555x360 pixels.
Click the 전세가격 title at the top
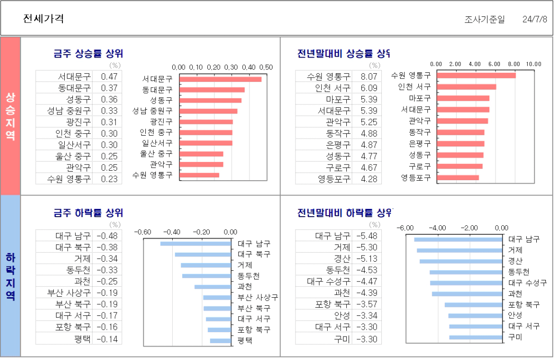44,19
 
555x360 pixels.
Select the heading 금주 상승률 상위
88,53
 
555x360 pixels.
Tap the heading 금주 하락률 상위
88,212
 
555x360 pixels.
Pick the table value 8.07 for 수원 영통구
369,76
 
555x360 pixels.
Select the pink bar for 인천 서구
466,87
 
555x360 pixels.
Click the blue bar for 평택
221,341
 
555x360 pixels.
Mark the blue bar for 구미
475,337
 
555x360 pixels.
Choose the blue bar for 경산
461,261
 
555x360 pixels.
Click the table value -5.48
367,236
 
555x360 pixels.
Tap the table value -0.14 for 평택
107,339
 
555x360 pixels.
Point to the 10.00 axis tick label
533,64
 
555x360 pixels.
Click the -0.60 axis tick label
143,232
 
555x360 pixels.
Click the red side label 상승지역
10,116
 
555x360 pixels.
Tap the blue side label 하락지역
10,276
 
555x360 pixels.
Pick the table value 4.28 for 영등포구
369,179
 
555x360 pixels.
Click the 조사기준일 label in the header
484,20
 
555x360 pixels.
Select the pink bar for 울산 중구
201,154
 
